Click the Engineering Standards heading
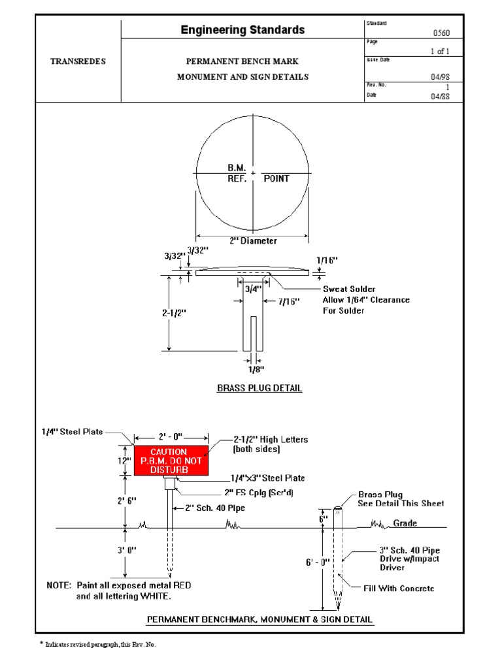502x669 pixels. point(243,30)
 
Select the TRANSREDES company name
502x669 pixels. point(78,61)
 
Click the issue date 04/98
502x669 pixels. point(441,76)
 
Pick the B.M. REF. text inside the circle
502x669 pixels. point(237,173)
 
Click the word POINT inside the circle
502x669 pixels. point(276,178)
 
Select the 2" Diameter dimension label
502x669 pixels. point(253,240)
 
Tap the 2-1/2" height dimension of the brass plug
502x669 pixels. point(175,312)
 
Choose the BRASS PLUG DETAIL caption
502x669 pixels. point(259,388)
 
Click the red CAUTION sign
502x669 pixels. point(171,461)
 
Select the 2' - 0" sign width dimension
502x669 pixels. point(171,436)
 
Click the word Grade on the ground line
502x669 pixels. point(405,523)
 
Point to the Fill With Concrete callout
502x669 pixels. point(399,589)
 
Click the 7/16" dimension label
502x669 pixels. point(288,301)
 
